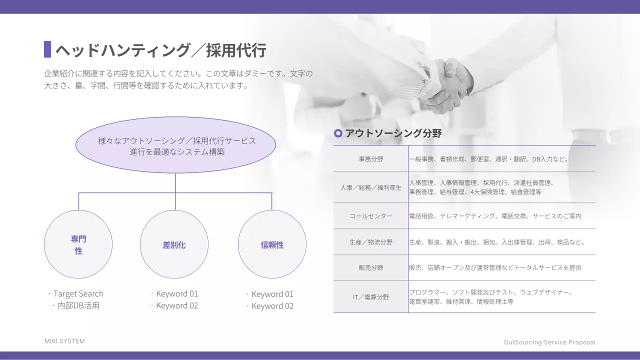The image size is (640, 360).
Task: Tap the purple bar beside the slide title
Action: [x=47, y=49]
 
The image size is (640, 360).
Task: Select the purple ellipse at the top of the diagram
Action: [x=175, y=145]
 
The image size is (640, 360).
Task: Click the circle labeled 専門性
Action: [x=78, y=244]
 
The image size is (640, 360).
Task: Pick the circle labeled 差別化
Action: [x=174, y=244]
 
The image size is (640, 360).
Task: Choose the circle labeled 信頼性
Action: [x=272, y=244]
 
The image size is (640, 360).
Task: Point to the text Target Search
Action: [x=78, y=294]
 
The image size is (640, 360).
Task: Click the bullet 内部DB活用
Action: [x=78, y=305]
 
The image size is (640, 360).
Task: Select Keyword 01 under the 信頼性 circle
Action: [x=272, y=294]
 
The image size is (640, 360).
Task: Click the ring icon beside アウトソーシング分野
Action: [x=338, y=133]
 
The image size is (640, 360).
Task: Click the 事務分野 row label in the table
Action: [x=371, y=159]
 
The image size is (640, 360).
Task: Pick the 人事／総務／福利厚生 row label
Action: [x=371, y=187]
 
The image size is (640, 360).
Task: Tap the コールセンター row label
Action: [x=371, y=216]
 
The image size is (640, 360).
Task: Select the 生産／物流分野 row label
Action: [x=371, y=242]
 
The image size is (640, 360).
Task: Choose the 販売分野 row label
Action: [x=371, y=267]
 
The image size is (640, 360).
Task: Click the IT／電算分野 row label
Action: [x=371, y=297]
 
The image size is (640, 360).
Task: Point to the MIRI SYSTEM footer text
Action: [x=64, y=341]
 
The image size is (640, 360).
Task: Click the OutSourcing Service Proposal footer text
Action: [x=549, y=342]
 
